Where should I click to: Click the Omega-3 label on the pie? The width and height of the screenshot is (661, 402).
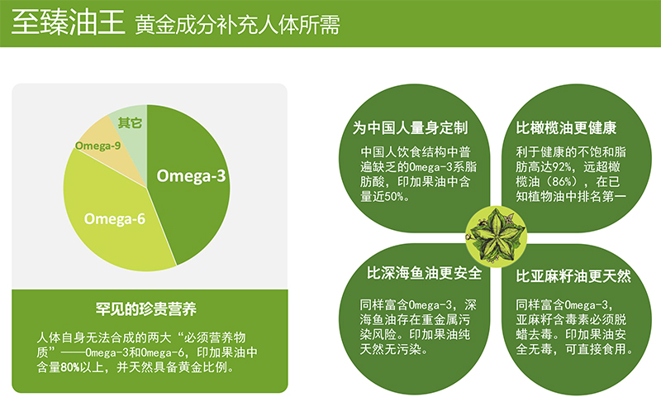tap(191, 176)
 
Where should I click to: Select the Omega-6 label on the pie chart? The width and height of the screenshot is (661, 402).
tap(115, 218)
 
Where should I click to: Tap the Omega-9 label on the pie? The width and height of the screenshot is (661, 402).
tap(97, 146)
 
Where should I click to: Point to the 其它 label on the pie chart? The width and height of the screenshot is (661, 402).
tap(130, 122)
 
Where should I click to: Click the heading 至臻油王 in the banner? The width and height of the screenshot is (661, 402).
tap(68, 22)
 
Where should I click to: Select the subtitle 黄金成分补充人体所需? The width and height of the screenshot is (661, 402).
tap(237, 25)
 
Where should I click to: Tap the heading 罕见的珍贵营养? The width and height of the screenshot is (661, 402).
tap(146, 309)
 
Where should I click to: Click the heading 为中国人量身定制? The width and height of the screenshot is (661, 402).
tap(410, 127)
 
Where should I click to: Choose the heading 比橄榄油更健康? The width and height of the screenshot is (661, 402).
tap(566, 127)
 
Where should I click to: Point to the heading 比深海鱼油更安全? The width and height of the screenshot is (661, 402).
tap(424, 273)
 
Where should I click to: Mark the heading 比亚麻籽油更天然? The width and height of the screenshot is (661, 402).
tap(573, 276)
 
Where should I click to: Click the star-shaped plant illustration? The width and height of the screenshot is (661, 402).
tap(497, 237)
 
